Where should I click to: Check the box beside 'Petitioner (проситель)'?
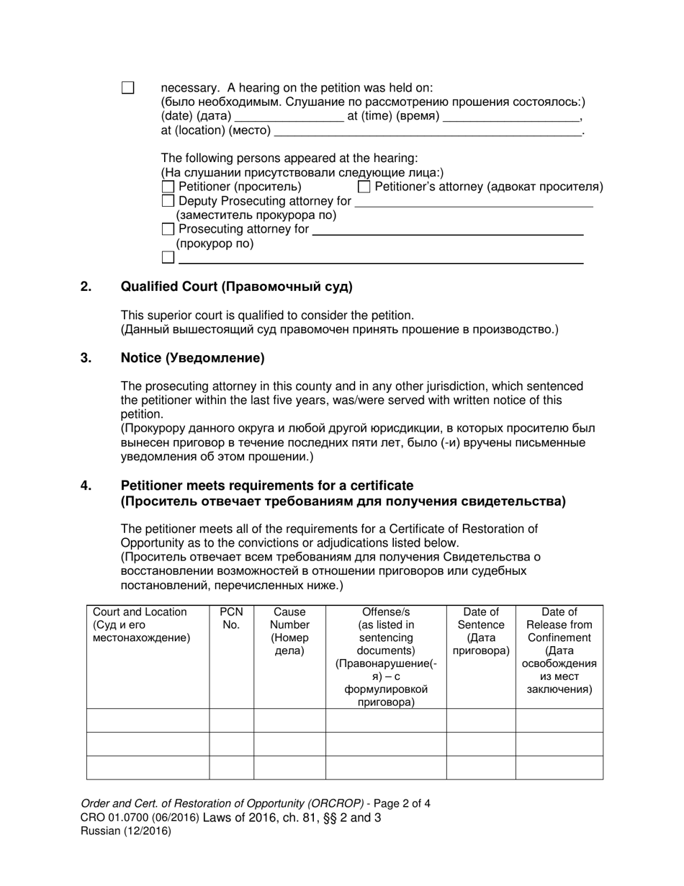pos(168,187)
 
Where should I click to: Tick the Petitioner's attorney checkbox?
pos(364,187)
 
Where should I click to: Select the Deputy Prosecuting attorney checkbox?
pos(168,202)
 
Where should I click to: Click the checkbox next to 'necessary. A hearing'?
pos(128,88)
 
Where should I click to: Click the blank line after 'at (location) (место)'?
pos(428,132)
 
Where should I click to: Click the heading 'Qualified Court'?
pos(237,287)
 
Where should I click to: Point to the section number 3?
pos(86,358)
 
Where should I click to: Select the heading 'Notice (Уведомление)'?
pos(192,358)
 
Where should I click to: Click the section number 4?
pos(86,486)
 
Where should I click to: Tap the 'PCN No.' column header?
pos(231,619)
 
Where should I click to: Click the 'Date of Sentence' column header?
pos(481,631)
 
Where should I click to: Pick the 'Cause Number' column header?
pos(289,631)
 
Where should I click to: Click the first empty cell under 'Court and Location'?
pos(148,720)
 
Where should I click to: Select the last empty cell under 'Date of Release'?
pos(559,767)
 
